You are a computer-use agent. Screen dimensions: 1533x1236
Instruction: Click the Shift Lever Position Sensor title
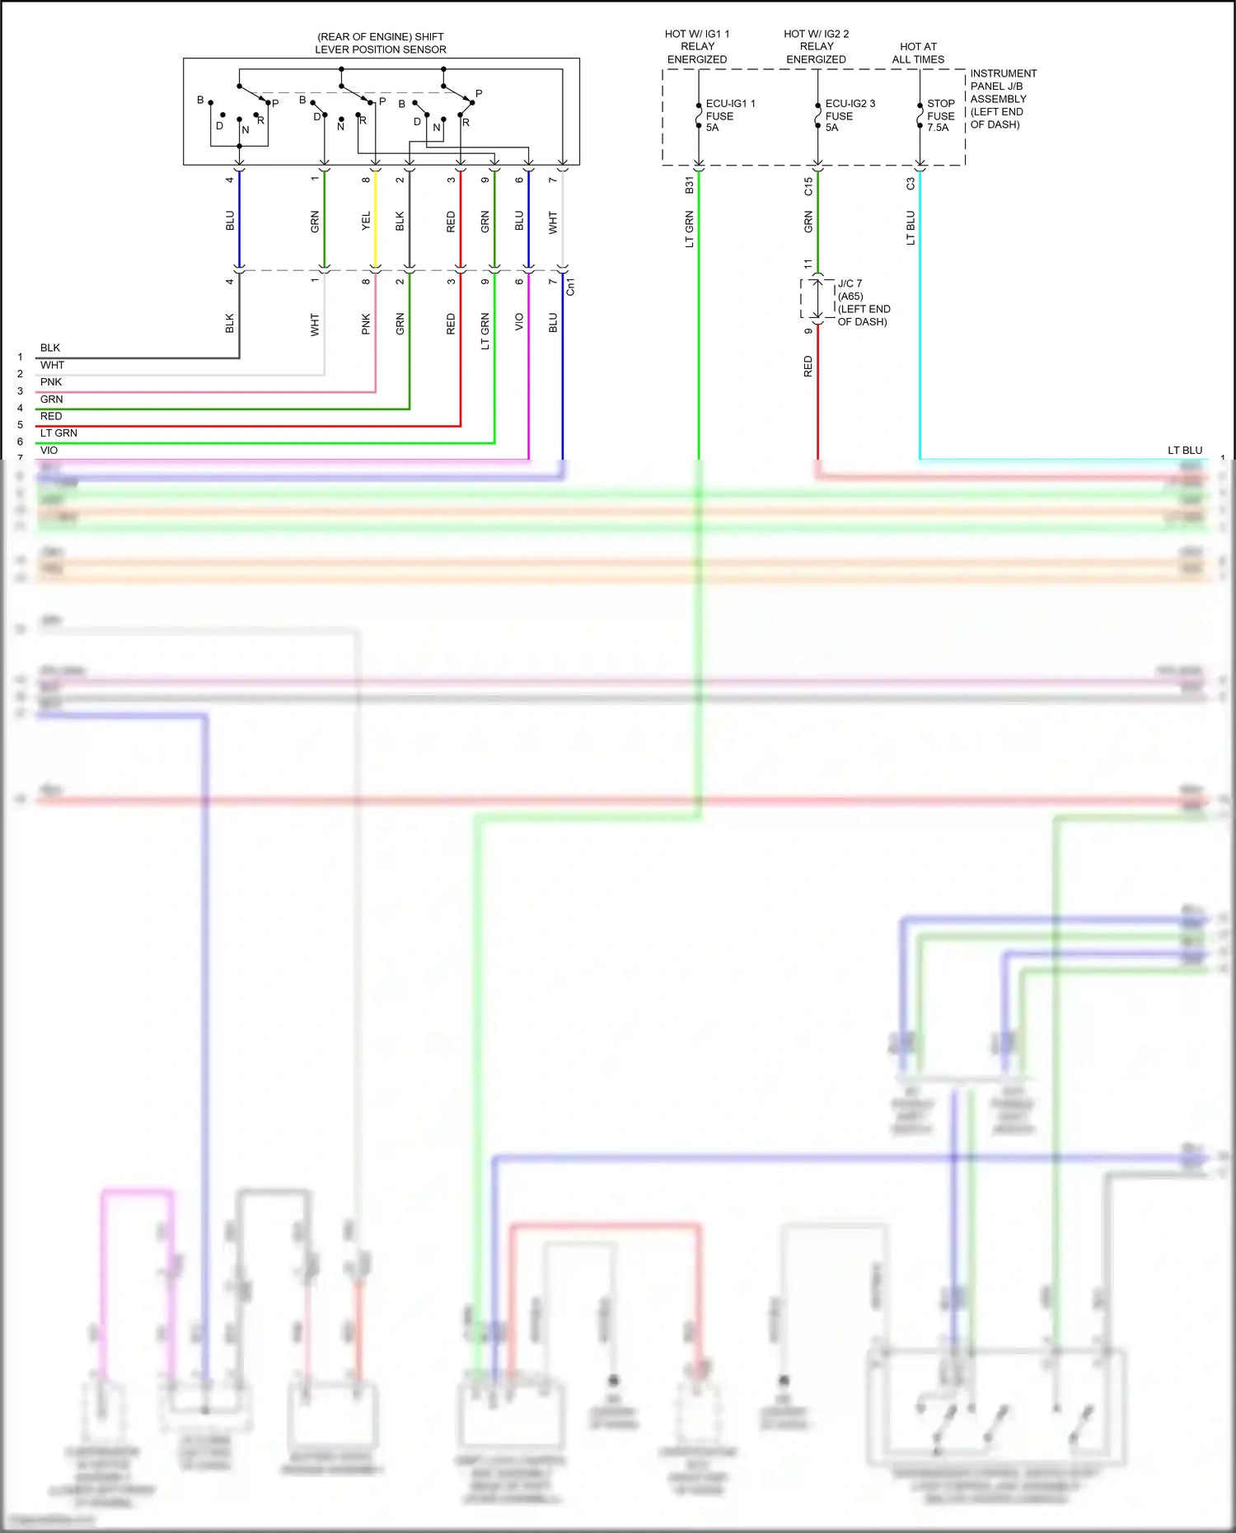click(x=381, y=43)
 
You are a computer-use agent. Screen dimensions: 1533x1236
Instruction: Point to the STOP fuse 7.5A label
click(x=940, y=115)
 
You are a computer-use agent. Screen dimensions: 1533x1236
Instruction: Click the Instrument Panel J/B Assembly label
click(x=1002, y=99)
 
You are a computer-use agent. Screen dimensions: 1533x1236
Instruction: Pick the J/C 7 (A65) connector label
click(x=863, y=302)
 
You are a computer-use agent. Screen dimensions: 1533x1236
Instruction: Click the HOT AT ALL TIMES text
click(x=918, y=53)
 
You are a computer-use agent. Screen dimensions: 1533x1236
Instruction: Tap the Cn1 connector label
click(x=570, y=287)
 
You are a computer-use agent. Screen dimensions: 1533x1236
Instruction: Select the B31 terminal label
click(x=690, y=186)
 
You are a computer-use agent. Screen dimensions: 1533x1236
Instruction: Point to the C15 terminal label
click(x=808, y=186)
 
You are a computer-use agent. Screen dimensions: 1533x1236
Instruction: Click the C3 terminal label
click(x=911, y=185)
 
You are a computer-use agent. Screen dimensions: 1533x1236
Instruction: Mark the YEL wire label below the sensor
click(x=366, y=221)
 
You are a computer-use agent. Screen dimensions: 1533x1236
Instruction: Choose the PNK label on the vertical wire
click(x=366, y=324)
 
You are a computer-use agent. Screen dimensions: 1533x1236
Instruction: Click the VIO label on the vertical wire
click(x=519, y=321)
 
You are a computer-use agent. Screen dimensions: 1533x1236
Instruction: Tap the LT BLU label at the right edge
click(x=1184, y=451)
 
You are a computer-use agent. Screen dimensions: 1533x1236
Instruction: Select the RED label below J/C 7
click(x=808, y=367)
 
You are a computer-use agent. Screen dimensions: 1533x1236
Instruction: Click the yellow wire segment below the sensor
click(x=376, y=239)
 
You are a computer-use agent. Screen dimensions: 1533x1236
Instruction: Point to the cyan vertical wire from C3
click(x=920, y=330)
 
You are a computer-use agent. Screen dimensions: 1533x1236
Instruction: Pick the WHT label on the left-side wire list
click(x=53, y=365)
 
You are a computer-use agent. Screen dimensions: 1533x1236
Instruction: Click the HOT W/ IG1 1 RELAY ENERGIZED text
click(x=697, y=46)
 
